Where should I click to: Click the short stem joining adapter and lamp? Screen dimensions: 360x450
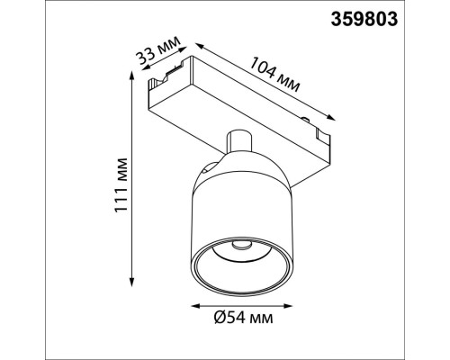(x=238, y=145)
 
